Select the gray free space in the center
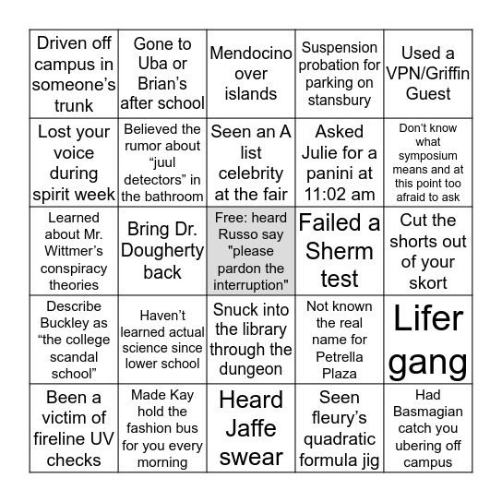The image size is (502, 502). pyautogui.click(x=251, y=250)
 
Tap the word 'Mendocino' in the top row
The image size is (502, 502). pyautogui.click(x=251, y=53)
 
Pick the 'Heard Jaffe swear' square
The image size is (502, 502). pyautogui.click(x=251, y=428)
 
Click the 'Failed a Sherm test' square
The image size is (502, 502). pyautogui.click(x=340, y=250)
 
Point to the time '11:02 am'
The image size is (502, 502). pyautogui.click(x=340, y=194)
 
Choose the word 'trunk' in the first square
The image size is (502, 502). pyautogui.click(x=74, y=104)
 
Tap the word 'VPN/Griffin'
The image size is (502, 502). pyautogui.click(x=428, y=73)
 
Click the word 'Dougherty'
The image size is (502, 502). pyautogui.click(x=162, y=250)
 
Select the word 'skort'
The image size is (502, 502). pyautogui.click(x=428, y=283)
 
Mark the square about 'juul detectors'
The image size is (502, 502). pyautogui.click(x=162, y=161)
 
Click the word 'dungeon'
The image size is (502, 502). pyautogui.click(x=251, y=369)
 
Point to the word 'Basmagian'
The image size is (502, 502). pyautogui.click(x=428, y=410)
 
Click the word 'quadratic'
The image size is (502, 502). pyautogui.click(x=340, y=438)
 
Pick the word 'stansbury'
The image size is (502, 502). pyautogui.click(x=340, y=102)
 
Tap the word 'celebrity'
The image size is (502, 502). pyautogui.click(x=251, y=173)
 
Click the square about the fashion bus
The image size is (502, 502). pyautogui.click(x=162, y=428)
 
